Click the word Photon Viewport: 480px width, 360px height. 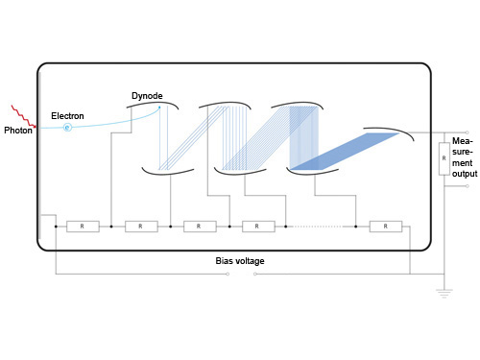point(18,131)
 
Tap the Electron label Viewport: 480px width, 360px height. point(67,116)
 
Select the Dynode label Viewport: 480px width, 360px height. point(147,96)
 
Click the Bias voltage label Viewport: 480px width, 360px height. point(240,261)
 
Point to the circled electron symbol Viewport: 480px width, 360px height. point(67,128)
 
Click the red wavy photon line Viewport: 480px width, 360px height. point(24,116)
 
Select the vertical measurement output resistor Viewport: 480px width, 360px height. point(444,158)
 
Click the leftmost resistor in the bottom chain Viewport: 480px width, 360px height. point(83,227)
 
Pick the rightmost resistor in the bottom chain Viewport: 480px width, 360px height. point(386,227)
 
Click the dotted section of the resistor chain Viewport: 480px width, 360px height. point(318,227)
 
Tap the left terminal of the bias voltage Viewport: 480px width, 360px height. point(228,274)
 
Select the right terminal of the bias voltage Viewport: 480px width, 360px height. point(255,274)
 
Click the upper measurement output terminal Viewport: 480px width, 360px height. point(468,132)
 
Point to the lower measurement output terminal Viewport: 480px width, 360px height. point(468,186)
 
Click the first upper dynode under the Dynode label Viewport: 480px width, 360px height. point(153,104)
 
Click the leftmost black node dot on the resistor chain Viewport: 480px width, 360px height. point(56,227)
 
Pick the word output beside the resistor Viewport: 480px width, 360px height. point(465,174)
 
